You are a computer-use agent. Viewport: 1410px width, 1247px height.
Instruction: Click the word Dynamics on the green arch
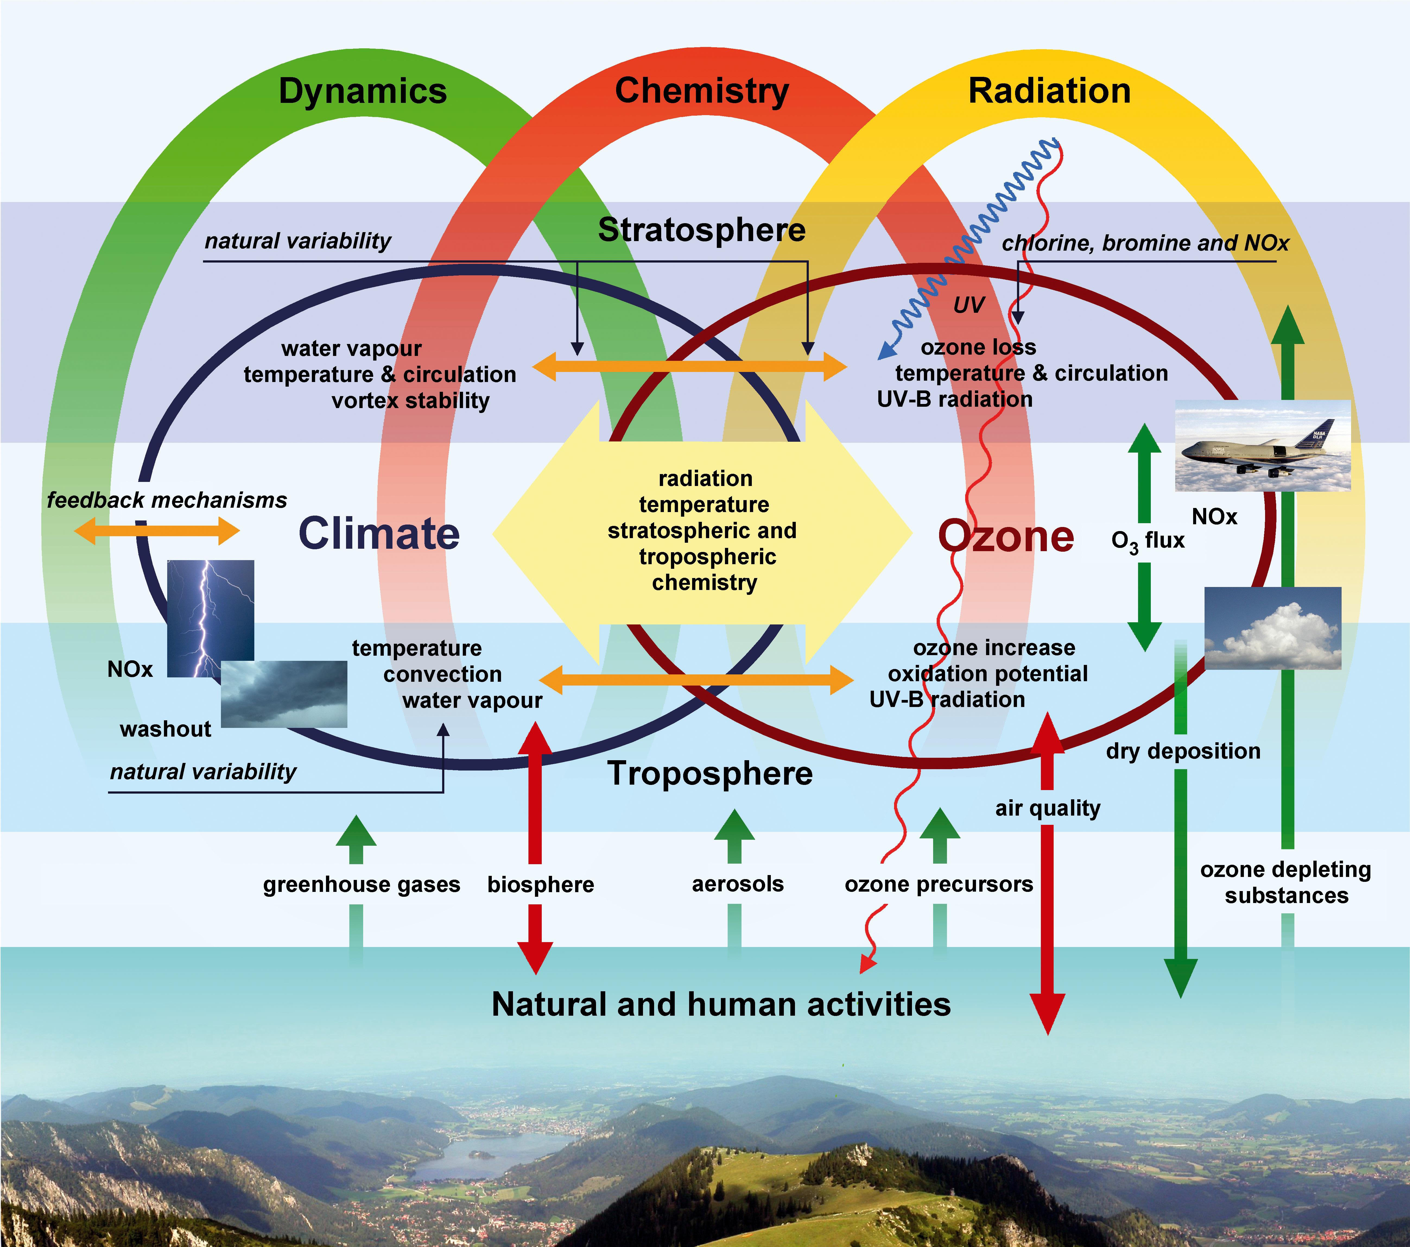coord(363,91)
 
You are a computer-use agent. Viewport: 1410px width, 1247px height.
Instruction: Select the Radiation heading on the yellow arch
coord(1049,91)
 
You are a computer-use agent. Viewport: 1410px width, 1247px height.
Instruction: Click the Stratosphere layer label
coord(702,230)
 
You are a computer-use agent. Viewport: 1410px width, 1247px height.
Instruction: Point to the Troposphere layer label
coord(710,774)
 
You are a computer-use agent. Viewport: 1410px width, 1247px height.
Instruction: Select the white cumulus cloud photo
coord(1273,628)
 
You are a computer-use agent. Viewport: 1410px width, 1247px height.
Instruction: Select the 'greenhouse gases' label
coord(362,885)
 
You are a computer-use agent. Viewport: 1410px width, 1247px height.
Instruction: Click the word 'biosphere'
coord(541,885)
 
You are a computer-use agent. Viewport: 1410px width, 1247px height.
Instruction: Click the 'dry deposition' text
coord(1183,751)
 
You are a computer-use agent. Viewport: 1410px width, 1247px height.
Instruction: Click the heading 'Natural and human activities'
coord(721,1004)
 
